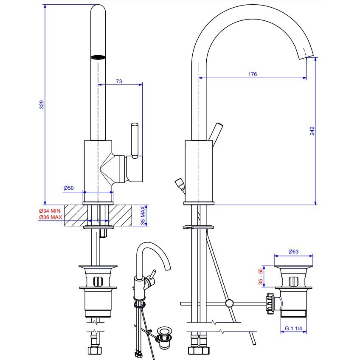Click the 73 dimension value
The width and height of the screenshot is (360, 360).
(119, 81)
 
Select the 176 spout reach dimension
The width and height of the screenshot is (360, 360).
(252, 74)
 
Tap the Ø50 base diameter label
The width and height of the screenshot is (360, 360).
(69, 188)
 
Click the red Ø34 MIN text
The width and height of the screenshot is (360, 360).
(50, 211)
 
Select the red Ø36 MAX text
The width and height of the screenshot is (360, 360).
(50, 217)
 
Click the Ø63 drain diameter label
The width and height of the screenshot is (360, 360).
(293, 252)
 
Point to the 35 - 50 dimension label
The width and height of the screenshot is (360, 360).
(259, 276)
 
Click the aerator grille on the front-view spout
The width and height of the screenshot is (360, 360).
(98, 57)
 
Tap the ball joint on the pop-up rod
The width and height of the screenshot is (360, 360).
(229, 303)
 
